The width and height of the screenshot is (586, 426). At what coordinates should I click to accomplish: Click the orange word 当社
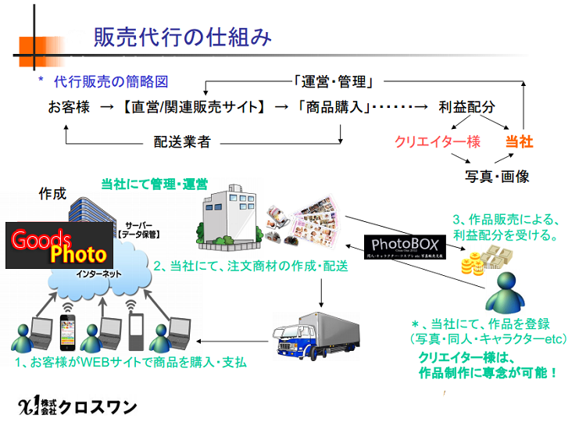(x=519, y=141)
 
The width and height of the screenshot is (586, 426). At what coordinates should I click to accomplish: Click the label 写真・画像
(x=497, y=177)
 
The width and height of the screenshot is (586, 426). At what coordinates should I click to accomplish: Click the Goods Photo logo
(x=59, y=245)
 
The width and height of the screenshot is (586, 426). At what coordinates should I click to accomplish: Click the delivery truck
(x=311, y=337)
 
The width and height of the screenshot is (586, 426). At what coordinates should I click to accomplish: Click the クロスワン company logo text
(x=78, y=405)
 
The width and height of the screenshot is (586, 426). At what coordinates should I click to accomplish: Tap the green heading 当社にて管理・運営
(x=154, y=184)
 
